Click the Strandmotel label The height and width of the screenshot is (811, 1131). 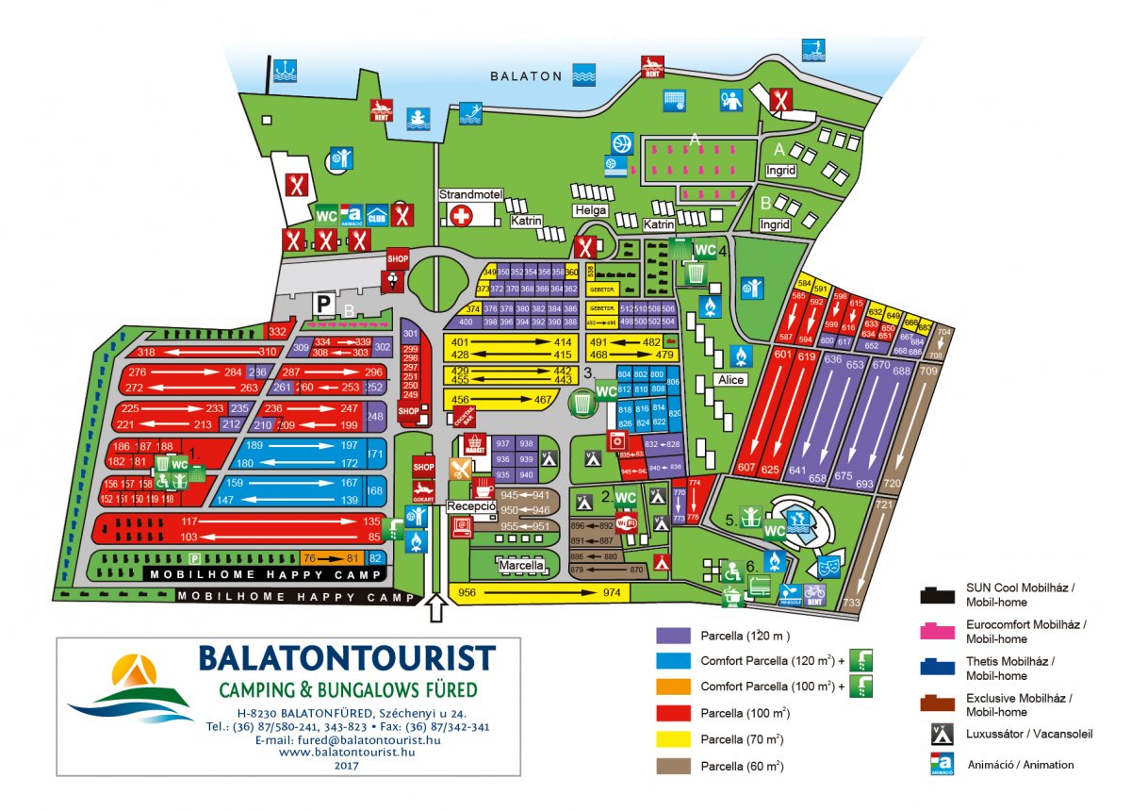471,194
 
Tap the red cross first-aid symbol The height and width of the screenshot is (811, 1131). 461,216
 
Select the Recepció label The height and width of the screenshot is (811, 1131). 471,506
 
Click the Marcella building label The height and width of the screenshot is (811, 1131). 521,566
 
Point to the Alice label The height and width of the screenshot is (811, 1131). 730,380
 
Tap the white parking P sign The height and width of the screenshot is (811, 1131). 323,304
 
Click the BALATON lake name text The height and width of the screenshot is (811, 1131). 526,76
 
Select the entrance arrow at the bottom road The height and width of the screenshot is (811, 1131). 435,608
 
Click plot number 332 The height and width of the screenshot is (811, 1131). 277,332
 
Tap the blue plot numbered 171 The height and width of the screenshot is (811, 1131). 375,455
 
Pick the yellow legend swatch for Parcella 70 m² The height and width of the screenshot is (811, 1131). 674,739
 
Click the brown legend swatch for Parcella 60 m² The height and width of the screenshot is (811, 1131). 674,767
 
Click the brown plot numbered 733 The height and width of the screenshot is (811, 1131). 852,603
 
